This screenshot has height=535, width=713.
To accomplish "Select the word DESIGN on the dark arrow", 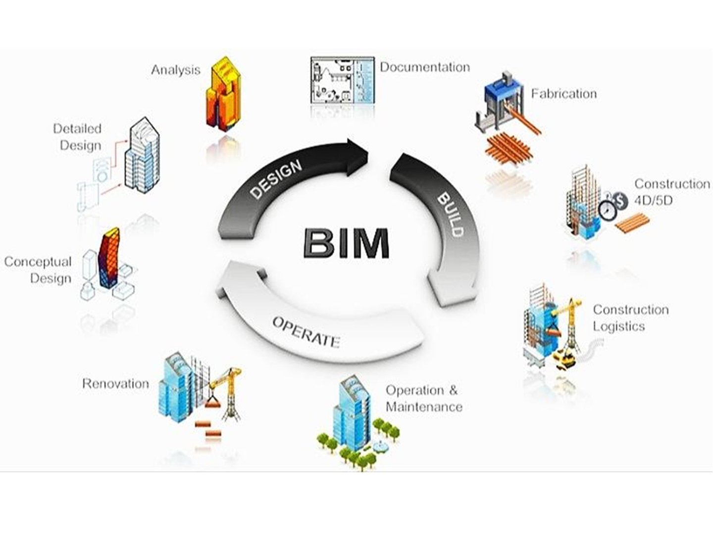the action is point(275,179).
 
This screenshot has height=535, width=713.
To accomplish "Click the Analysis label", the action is point(175,70).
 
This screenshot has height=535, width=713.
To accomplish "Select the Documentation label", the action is point(425,67).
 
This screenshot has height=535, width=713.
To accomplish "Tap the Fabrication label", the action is point(563,93).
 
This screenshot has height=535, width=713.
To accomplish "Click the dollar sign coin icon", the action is point(619,200).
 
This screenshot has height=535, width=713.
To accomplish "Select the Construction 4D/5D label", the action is point(671,192).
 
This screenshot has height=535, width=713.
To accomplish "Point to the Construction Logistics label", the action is point(630,318).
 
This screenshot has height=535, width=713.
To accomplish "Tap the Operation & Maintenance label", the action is point(423,399).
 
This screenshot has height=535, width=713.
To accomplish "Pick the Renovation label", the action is point(115,383).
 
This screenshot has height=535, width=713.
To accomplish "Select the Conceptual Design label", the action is point(38,269).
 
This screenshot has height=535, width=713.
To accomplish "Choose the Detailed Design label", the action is point(77,137).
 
